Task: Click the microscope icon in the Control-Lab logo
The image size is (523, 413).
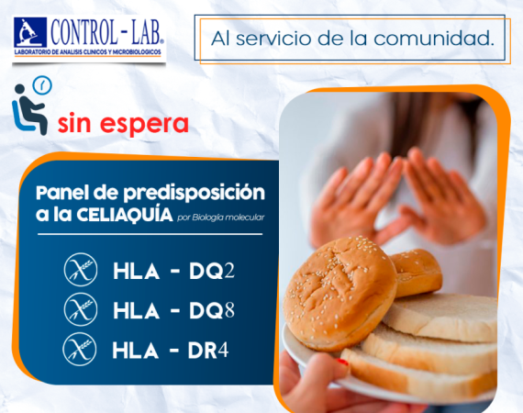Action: pos(30,32)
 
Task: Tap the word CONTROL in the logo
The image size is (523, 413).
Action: pos(84,33)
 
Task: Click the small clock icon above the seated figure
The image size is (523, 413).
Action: pos(42,85)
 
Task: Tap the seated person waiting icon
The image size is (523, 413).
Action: pos(29,109)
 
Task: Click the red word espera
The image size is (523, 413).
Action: pos(144,125)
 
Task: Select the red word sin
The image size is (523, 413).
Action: pos(74,123)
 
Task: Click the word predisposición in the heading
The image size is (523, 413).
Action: pos(195,194)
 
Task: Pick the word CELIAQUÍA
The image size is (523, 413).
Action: pos(125,215)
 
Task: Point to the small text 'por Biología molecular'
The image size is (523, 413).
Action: pos(221,218)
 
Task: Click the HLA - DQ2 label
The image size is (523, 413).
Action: pos(173,272)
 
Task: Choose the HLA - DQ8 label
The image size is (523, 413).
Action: pos(173,311)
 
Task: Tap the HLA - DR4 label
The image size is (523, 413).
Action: pos(170,351)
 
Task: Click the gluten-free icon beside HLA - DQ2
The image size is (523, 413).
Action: pos(81,270)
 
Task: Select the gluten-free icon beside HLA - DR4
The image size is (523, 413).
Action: pos(80,350)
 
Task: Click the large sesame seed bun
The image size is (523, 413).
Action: pos(339,294)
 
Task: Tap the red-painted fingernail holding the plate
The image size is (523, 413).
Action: pos(342,362)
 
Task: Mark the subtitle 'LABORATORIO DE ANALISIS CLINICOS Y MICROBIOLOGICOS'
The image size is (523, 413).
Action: pos(88,52)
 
